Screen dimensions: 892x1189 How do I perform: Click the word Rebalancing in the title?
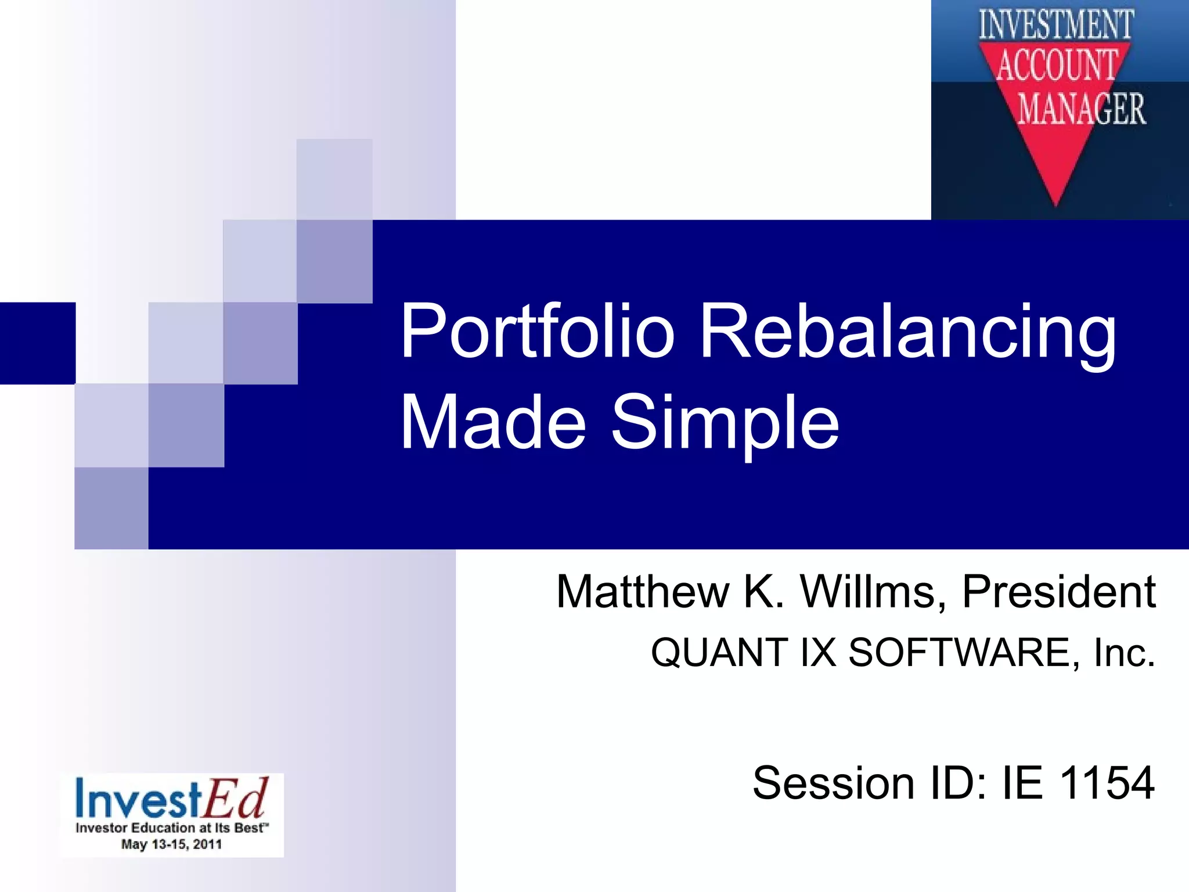(907, 332)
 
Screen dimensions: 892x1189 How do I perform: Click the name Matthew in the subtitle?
(642, 592)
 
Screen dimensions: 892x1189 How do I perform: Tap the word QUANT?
(719, 653)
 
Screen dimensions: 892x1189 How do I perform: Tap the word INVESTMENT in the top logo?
(1056, 24)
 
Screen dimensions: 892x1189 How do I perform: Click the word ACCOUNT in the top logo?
(1057, 65)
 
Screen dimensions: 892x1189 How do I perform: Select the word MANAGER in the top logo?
(1082, 109)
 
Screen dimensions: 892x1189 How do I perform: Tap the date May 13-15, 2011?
(171, 844)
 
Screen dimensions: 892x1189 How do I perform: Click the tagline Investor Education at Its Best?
(171, 828)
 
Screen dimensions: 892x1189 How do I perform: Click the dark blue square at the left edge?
(37, 343)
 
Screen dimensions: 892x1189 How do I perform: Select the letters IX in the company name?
(818, 653)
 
